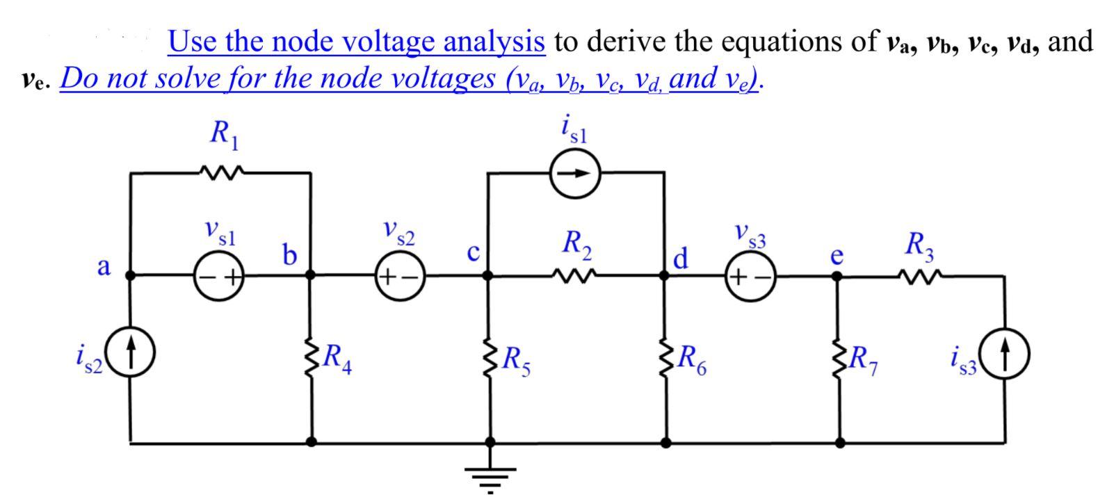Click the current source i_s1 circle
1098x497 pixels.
pyautogui.click(x=574, y=174)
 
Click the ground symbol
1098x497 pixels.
pyautogui.click(x=490, y=477)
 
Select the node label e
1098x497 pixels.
pyautogui.click(x=837, y=256)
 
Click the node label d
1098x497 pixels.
pyautogui.click(x=681, y=259)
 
